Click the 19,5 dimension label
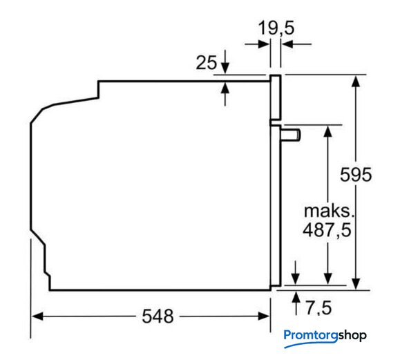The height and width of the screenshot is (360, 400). pyautogui.click(x=276, y=28)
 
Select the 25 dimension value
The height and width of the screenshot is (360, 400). pyautogui.click(x=207, y=62)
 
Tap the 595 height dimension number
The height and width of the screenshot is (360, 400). pyautogui.click(x=356, y=175)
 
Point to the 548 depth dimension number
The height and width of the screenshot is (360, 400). pyautogui.click(x=158, y=316)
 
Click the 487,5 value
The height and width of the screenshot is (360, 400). pyautogui.click(x=327, y=230)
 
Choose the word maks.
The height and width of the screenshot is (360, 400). pyautogui.click(x=329, y=211)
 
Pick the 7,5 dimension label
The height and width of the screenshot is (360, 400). pyautogui.click(x=318, y=308)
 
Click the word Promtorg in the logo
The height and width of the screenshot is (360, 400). pyautogui.click(x=311, y=334)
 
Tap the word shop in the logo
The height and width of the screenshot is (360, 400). pyautogui.click(x=352, y=335)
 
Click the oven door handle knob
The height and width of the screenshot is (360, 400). pyautogui.click(x=291, y=135)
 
